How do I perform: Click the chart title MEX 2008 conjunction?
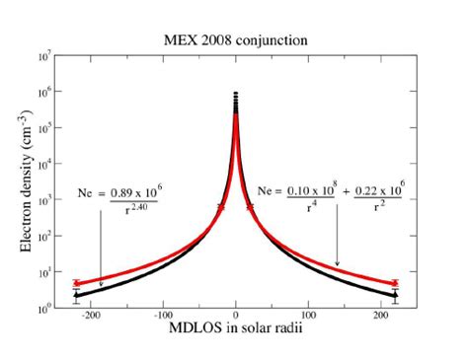[233, 40]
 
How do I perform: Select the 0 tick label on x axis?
[236, 318]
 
